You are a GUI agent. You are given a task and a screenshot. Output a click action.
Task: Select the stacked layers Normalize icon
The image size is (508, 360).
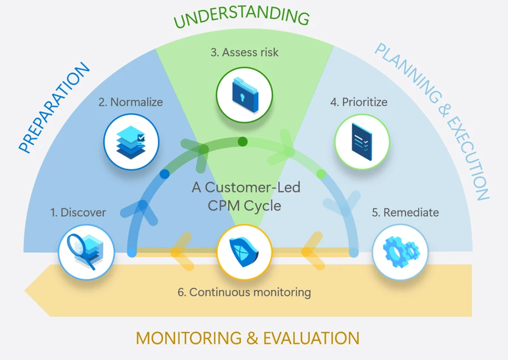131,141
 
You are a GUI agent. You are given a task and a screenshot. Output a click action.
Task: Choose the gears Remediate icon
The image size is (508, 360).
400,252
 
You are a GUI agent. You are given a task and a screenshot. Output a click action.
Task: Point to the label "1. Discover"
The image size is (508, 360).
78,212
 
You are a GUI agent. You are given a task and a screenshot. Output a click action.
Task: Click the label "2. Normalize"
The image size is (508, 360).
131,102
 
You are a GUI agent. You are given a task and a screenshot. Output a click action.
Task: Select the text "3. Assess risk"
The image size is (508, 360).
244,53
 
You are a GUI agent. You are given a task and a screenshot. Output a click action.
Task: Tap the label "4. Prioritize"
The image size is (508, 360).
359,102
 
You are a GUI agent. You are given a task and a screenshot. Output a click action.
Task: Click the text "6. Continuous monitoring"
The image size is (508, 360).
244,292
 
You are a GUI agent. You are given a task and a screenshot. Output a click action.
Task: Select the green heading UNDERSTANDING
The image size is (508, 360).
241,16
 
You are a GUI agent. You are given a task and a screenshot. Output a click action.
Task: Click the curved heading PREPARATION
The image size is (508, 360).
53,108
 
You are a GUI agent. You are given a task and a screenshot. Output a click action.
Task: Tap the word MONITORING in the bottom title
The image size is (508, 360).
189,338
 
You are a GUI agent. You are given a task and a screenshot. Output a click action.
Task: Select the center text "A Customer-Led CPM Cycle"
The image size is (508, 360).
246,196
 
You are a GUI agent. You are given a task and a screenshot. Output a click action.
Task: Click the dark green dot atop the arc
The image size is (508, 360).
243,142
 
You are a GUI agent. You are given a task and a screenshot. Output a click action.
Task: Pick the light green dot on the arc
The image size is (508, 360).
321,174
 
